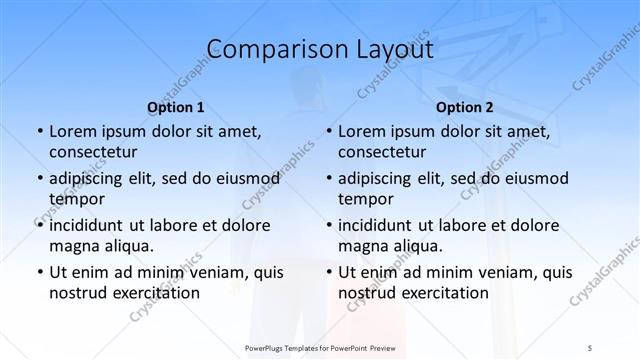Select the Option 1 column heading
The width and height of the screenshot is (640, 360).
176,107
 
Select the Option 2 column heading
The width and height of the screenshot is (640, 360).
464,107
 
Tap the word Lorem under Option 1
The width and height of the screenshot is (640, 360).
72,131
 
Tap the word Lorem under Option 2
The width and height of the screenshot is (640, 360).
361,131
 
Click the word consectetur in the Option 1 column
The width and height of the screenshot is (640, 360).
92,152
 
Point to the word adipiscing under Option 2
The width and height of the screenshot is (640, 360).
379,179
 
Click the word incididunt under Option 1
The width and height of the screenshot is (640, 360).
93,225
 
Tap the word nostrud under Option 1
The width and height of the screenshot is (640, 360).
76,293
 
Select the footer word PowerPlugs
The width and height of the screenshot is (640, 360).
267,347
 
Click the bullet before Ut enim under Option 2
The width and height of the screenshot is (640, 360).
328,272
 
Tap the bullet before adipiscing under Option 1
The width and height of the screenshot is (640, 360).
39,179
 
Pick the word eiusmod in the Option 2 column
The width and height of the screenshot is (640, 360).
538,179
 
